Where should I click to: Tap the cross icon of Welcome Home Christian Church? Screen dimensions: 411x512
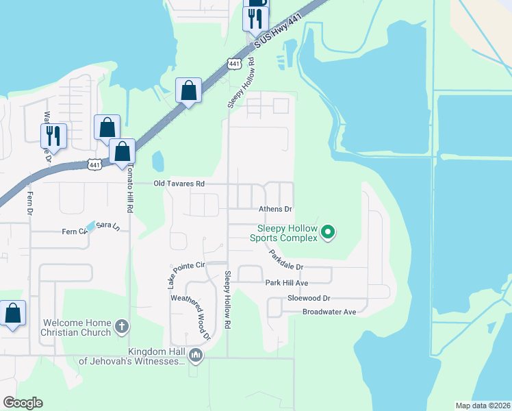[x=121, y=326]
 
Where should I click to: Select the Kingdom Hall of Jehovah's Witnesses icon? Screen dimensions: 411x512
[x=196, y=355]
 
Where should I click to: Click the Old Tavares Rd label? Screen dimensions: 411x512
[x=179, y=184]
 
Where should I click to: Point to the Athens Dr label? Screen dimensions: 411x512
[x=275, y=209]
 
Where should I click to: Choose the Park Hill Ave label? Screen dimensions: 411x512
[x=287, y=282]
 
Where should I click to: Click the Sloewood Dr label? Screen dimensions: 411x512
[x=309, y=298]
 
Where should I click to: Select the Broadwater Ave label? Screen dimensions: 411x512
[x=330, y=312]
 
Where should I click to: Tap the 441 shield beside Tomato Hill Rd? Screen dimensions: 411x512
[x=94, y=164]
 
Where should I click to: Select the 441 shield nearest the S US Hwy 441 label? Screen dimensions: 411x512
[x=235, y=64]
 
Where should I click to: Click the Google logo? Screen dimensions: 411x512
[x=23, y=403]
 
